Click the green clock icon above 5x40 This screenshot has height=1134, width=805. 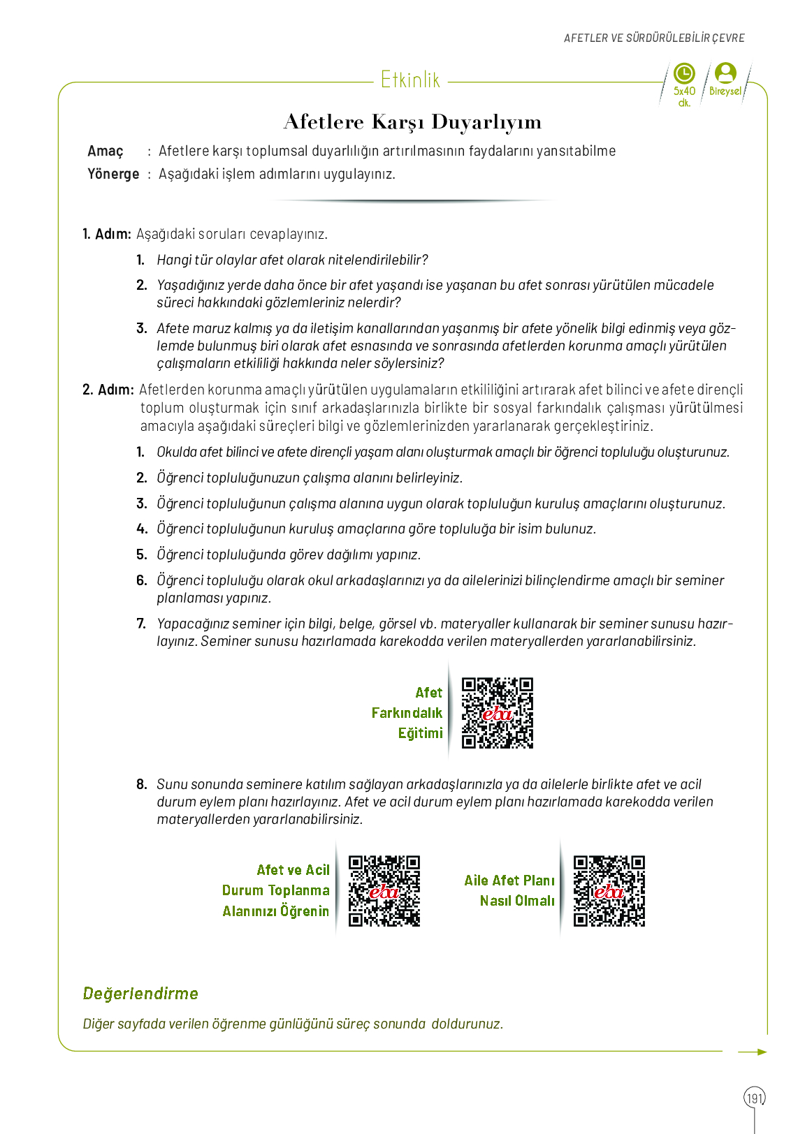(684, 73)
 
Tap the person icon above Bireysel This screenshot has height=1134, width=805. (726, 73)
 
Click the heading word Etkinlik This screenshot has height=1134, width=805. (410, 80)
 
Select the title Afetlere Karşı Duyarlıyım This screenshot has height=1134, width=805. (412, 122)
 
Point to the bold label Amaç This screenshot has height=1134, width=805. (106, 152)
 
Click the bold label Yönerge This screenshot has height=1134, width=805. (113, 174)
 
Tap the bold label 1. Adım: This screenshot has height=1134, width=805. (107, 234)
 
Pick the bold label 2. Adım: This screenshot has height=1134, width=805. (108, 390)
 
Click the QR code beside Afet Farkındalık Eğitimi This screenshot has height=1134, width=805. (498, 713)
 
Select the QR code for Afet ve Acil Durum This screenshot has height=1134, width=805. (384, 891)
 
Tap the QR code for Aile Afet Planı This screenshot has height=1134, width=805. (609, 891)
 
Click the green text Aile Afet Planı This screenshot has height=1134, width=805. (509, 881)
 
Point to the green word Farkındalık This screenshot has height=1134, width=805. (407, 713)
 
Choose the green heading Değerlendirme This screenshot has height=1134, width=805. (140, 994)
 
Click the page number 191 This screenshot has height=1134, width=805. (755, 1098)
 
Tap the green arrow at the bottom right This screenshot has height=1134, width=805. (753, 1052)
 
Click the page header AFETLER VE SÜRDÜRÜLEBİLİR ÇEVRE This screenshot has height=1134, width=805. (654, 38)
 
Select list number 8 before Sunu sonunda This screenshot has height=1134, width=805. (142, 784)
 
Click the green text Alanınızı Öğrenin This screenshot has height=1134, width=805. (275, 911)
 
